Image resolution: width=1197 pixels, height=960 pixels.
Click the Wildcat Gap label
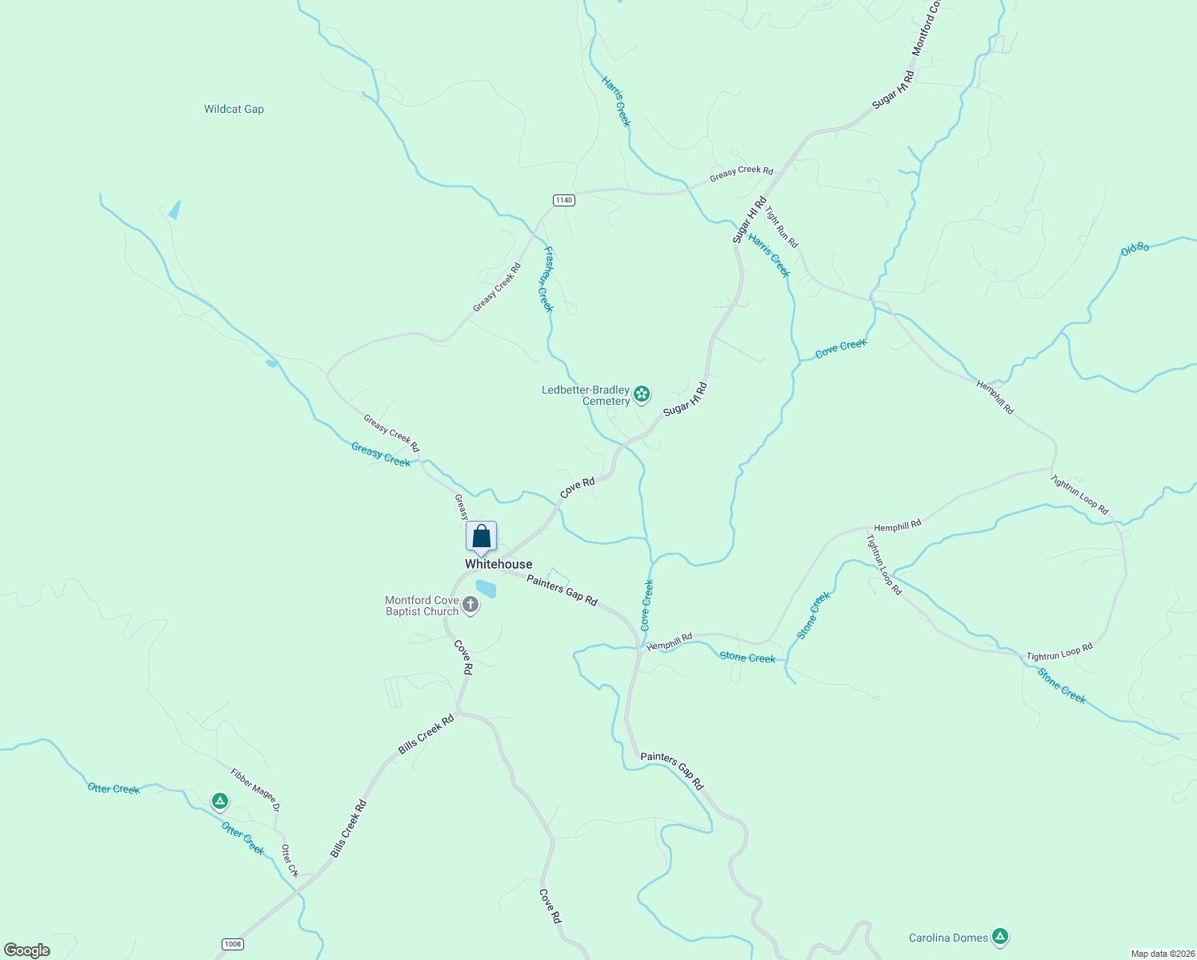point(234,110)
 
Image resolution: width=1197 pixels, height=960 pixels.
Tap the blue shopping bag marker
point(482,537)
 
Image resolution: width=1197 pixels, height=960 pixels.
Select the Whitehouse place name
point(498,564)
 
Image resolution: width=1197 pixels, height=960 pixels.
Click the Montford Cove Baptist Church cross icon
point(470,606)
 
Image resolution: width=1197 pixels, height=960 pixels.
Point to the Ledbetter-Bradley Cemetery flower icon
point(641,394)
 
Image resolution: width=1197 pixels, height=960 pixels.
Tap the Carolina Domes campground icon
point(999,936)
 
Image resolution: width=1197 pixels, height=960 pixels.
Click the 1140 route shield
point(564,200)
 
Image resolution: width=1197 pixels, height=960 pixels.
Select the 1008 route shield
point(233,944)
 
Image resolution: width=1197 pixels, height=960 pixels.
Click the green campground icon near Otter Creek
point(220,801)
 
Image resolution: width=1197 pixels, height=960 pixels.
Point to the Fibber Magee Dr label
point(255,790)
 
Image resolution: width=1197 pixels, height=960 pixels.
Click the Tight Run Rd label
point(781,227)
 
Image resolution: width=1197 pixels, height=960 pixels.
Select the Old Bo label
point(1135,249)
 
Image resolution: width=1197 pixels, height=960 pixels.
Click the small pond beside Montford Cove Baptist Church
point(486,589)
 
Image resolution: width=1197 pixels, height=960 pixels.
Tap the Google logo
point(27,950)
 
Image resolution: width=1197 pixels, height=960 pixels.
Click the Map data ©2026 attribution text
point(1162,954)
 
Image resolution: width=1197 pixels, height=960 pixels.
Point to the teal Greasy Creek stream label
point(381,454)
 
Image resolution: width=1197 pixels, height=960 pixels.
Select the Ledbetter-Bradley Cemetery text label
point(586,395)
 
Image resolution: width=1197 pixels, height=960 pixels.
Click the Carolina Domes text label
point(948,938)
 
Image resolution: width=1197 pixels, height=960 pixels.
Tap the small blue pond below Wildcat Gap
point(174,210)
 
